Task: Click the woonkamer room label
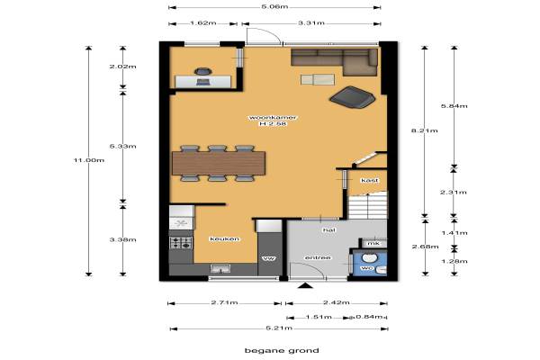coord(273,118)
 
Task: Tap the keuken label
coord(224,238)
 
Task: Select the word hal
coord(328,229)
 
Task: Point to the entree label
coord(318,257)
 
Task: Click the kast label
coord(370,180)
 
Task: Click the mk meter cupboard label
coord(373,243)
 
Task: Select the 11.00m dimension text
coord(89,160)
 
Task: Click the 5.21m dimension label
coord(279,328)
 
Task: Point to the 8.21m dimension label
coord(425,130)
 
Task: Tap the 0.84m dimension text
coord(369,317)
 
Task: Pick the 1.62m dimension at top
coord(203,23)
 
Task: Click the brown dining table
coord(219,163)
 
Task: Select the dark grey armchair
coord(352,97)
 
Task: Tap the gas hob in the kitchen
coord(181,242)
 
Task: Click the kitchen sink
coord(220,268)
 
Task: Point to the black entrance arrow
coord(305,285)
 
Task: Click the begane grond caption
coord(282,351)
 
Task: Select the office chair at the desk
coord(202,71)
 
